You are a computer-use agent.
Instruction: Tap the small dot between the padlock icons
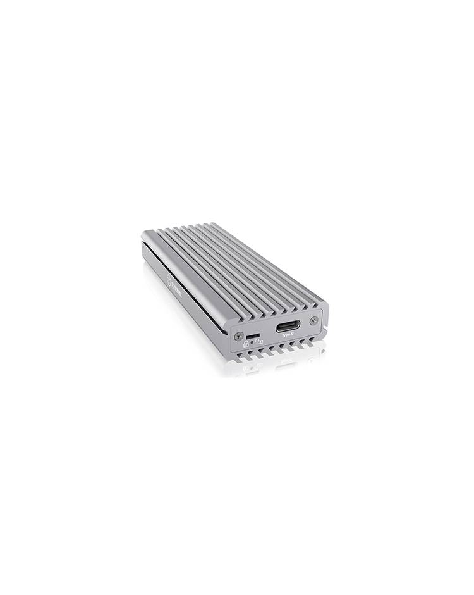tap(252, 342)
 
